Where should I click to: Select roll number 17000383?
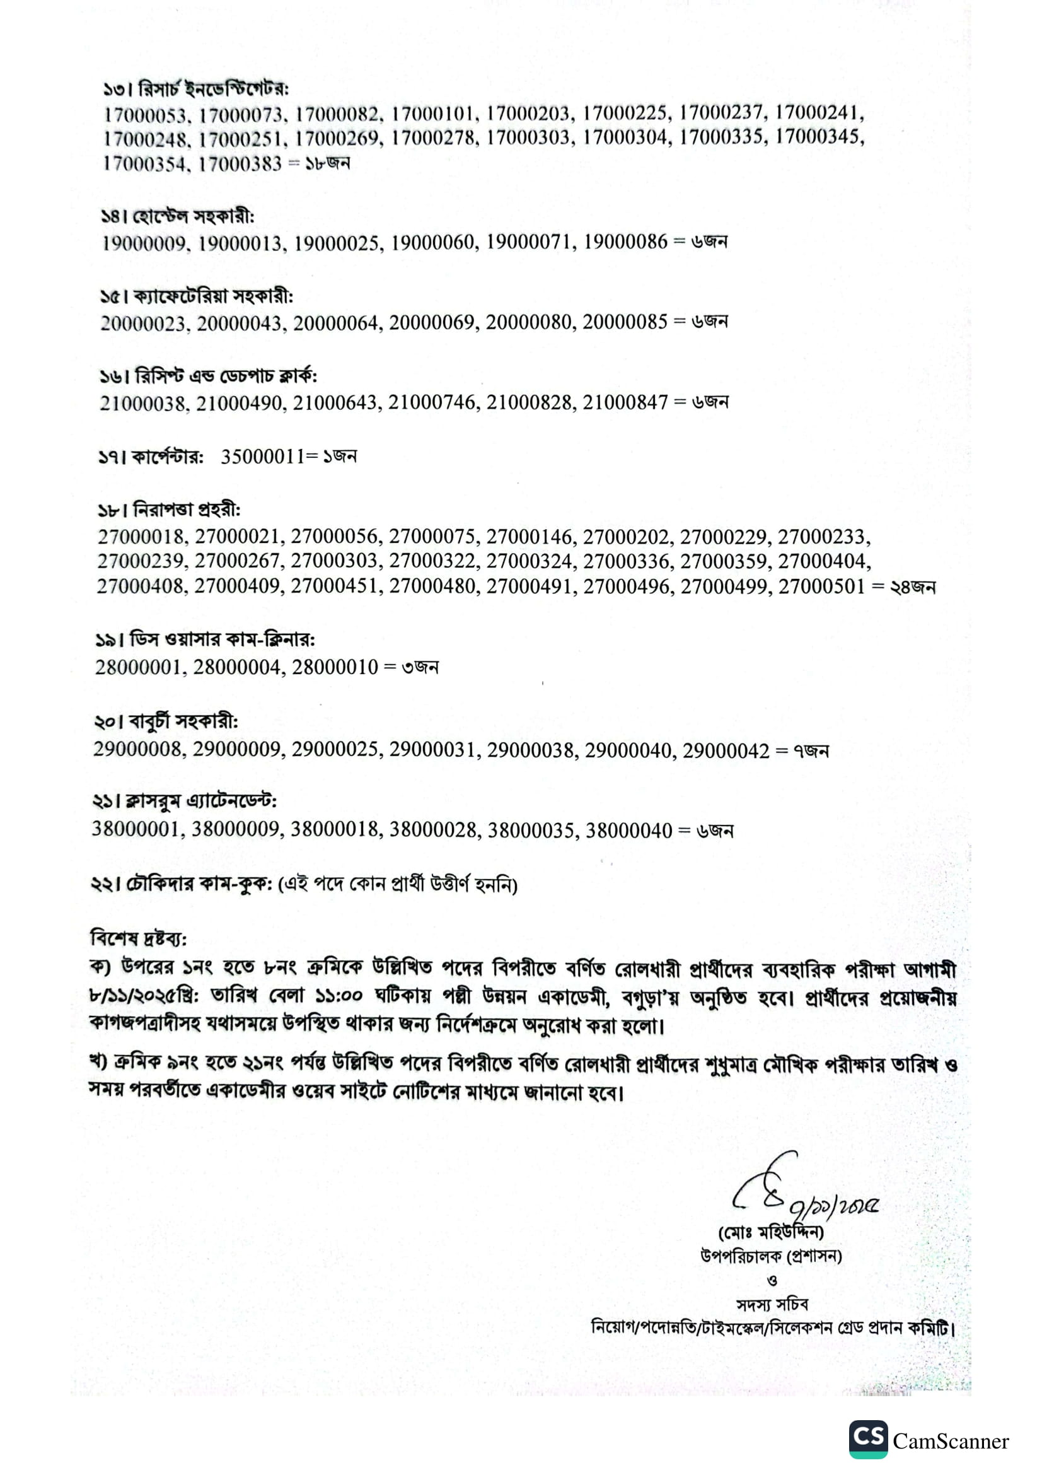point(240,164)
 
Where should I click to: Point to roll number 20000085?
point(625,322)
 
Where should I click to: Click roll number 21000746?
point(433,403)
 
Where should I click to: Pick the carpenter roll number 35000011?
point(263,457)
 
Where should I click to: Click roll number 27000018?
point(141,537)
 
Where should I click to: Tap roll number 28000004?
point(238,667)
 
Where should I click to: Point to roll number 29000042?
point(726,750)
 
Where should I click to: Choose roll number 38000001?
point(136,829)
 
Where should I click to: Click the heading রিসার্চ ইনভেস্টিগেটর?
point(213,89)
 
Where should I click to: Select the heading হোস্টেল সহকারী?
point(193,216)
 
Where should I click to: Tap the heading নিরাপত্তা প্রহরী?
point(186,510)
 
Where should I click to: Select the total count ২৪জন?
point(912,587)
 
